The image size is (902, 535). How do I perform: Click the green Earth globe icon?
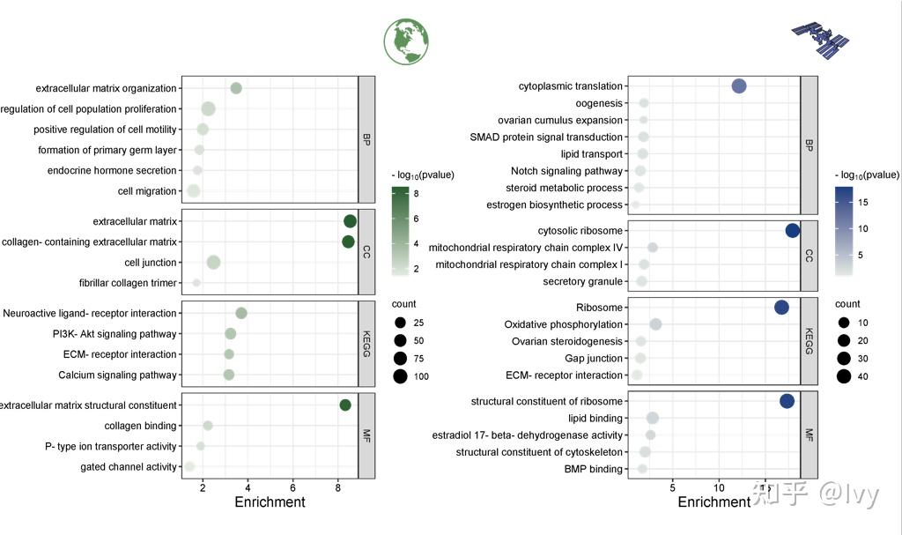click(x=406, y=41)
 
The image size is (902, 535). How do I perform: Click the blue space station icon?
click(x=820, y=38)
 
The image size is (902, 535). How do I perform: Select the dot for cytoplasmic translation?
click(x=739, y=85)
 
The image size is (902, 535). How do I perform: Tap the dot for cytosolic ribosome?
click(x=792, y=231)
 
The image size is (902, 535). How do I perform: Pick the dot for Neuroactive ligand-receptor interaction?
click(x=241, y=313)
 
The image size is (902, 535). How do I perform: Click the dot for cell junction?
click(x=213, y=262)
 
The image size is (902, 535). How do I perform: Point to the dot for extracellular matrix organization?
click(x=236, y=88)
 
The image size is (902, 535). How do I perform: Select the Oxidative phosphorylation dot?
click(x=655, y=324)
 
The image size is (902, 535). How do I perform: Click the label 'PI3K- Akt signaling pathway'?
click(x=115, y=334)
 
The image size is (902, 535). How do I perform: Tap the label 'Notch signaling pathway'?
click(x=566, y=171)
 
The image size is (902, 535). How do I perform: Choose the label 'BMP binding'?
click(x=594, y=469)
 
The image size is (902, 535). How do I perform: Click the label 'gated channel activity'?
click(x=129, y=466)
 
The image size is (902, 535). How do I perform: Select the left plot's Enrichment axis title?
click(x=270, y=502)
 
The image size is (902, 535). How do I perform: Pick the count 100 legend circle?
click(x=400, y=377)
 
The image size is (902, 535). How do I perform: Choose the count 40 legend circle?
click(x=843, y=377)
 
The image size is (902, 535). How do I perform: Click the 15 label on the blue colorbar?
click(x=863, y=203)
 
